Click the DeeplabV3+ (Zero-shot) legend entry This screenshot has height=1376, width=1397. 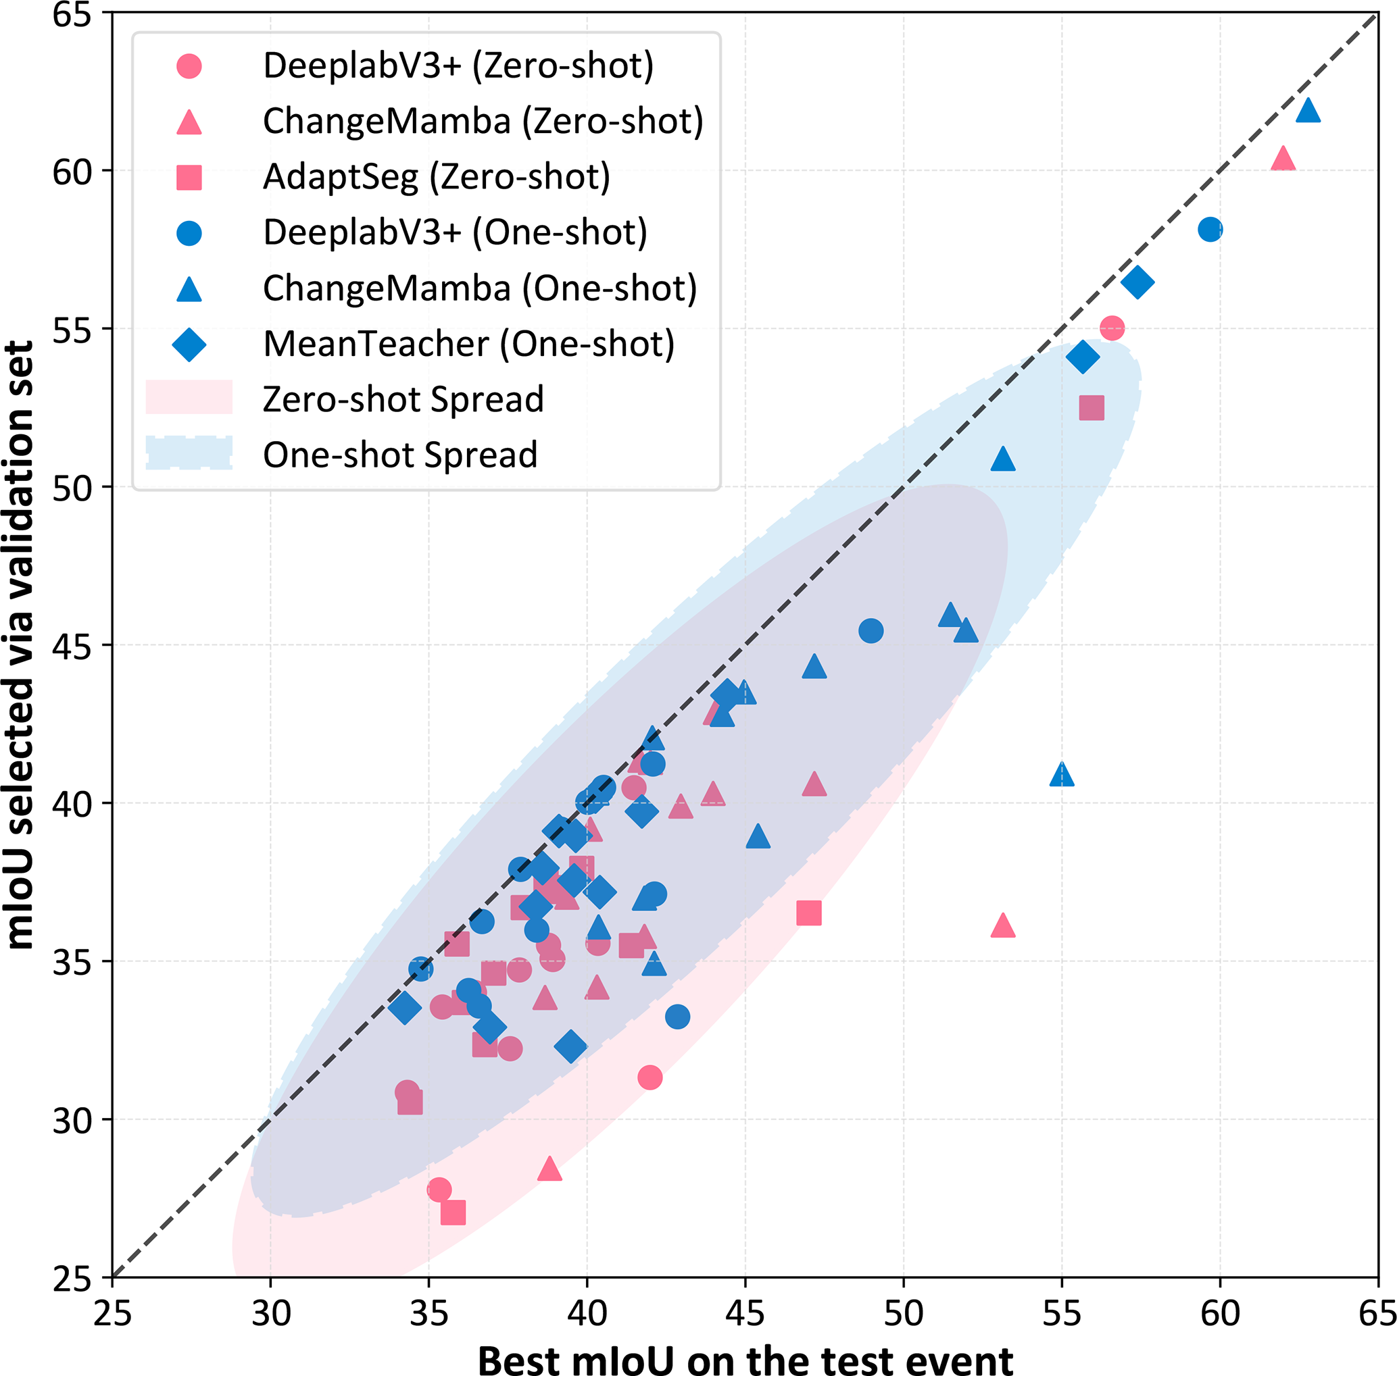458,66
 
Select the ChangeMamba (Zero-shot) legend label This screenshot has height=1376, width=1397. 483,122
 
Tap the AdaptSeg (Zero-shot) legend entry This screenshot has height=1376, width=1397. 436,177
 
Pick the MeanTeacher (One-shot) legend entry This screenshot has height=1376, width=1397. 468,344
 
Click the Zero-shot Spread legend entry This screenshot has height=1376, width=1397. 403,400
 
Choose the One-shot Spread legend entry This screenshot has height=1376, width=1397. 400,455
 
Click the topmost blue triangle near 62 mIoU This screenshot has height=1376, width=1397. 1308,111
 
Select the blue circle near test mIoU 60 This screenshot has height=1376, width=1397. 1210,230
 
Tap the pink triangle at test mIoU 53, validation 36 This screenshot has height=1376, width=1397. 1002,925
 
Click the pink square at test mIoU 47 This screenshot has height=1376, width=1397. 808,913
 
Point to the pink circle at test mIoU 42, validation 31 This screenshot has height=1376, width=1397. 650,1077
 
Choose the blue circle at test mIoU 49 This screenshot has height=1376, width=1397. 871,631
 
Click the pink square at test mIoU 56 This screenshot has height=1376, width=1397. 1091,407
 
